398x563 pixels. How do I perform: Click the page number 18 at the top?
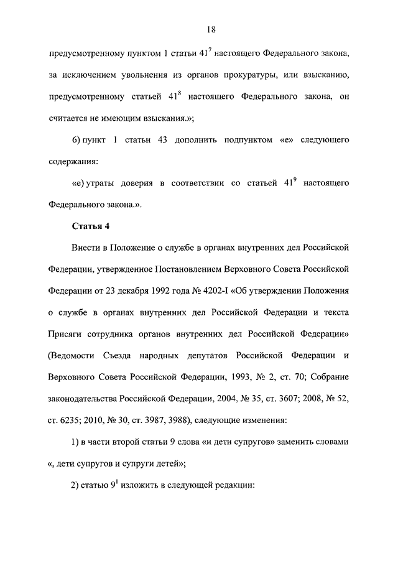point(211,29)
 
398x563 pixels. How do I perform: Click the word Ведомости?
point(73,355)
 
